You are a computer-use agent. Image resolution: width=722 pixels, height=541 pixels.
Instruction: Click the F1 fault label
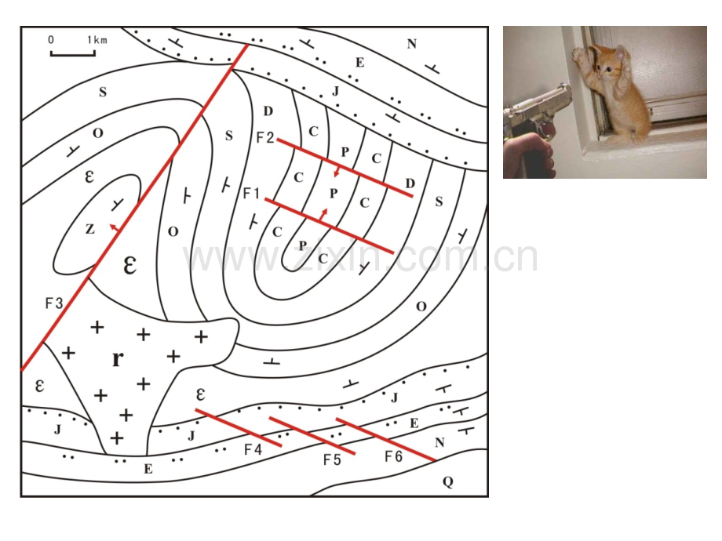click(x=251, y=193)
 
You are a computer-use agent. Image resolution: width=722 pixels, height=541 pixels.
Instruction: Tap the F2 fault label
click(x=265, y=137)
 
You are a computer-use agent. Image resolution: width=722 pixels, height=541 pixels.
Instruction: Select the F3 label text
click(x=54, y=303)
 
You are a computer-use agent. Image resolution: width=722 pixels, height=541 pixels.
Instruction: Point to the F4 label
click(x=253, y=449)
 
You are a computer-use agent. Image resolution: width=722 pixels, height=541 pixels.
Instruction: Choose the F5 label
click(x=332, y=459)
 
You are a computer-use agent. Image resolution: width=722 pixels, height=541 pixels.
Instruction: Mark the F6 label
click(x=394, y=456)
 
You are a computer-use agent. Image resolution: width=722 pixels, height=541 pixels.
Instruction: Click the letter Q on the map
click(x=448, y=481)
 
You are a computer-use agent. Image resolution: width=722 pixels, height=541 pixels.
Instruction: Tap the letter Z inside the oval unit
click(x=89, y=229)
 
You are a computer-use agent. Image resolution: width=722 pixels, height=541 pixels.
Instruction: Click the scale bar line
click(x=73, y=54)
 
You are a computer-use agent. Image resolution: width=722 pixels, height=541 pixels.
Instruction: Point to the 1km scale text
click(x=97, y=40)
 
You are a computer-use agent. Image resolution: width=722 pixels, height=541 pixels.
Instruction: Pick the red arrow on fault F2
click(x=337, y=171)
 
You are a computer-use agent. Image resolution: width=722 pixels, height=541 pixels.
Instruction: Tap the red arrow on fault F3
click(x=115, y=227)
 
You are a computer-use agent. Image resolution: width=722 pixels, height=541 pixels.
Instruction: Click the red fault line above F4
click(x=239, y=427)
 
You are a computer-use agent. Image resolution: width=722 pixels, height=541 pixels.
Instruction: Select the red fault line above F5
click(x=312, y=436)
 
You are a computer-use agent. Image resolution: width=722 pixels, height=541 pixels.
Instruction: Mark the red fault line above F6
click(x=386, y=439)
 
